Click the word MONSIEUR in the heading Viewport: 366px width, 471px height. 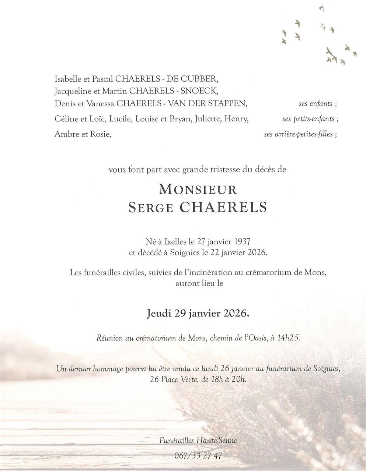click(197, 190)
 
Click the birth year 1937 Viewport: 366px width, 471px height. click(242, 242)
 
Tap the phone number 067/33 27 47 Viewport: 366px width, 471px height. click(198, 456)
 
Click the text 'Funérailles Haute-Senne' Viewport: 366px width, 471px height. click(198, 440)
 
